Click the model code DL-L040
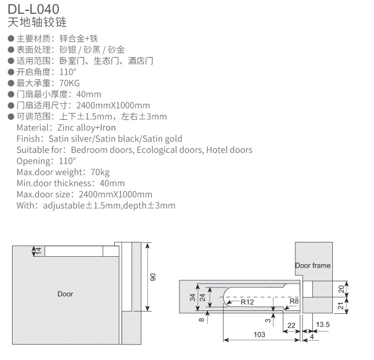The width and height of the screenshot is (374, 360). coord(33,9)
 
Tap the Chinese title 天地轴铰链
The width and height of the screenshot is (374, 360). coord(37,22)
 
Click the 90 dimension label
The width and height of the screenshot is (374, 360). coord(153,277)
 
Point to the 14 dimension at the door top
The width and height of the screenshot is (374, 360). coord(38,250)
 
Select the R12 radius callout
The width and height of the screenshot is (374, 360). coord(247,302)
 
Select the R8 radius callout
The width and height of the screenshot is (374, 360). coord(294,301)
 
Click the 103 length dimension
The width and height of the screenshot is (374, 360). coord(259,334)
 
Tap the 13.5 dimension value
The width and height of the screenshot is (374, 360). coord(323,324)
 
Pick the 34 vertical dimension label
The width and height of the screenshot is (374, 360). coord(192,297)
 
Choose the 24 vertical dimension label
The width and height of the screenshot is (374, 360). coord(202,297)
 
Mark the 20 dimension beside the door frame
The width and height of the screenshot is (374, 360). coord(341,289)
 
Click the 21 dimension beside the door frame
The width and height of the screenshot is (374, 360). coord(341,306)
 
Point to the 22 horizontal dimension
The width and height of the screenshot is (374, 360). coord(291,325)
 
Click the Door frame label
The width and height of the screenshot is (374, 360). coord(313,265)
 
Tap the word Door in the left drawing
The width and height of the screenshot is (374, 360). coord(65,294)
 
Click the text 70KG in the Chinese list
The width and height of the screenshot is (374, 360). coord(70,83)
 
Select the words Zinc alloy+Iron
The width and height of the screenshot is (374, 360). coord(86,128)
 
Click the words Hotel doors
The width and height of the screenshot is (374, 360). coord(229,150)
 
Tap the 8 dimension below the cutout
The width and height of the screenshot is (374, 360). coord(202,319)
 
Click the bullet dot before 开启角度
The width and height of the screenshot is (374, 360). coord(11,72)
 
